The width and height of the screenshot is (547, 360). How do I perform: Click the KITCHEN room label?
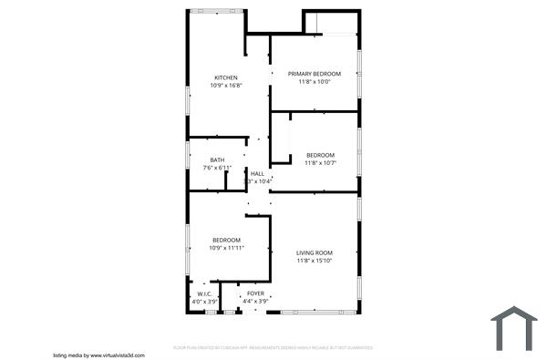pos(226,77)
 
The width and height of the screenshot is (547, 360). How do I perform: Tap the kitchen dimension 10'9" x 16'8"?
pos(226,86)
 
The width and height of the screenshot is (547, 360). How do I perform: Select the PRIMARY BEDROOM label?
pos(315,73)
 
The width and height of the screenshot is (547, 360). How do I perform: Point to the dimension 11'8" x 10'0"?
pos(315,81)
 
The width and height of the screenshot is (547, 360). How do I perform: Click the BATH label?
pos(217,160)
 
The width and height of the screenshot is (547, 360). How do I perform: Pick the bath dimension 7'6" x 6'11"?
pos(217,169)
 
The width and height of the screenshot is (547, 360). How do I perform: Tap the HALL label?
pos(257,174)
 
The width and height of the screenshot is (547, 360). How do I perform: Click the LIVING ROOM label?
pos(315,252)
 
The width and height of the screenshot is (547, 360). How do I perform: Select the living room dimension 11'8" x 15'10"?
pos(315,261)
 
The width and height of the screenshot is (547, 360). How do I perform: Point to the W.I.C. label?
pos(204,293)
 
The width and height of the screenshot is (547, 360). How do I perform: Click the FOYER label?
pos(255,293)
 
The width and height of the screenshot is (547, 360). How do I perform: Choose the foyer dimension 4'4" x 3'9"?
pos(255,301)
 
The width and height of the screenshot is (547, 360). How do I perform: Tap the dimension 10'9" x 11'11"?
pos(226,248)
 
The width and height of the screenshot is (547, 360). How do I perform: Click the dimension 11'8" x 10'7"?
pos(321,162)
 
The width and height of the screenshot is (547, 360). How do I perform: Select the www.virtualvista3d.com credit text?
pos(99,355)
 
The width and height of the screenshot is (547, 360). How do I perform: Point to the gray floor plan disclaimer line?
pos(273,347)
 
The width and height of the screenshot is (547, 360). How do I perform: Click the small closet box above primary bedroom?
pos(315,25)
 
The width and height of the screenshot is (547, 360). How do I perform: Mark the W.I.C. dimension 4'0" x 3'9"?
pos(204,301)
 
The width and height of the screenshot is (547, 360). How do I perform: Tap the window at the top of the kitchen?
pos(216,11)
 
